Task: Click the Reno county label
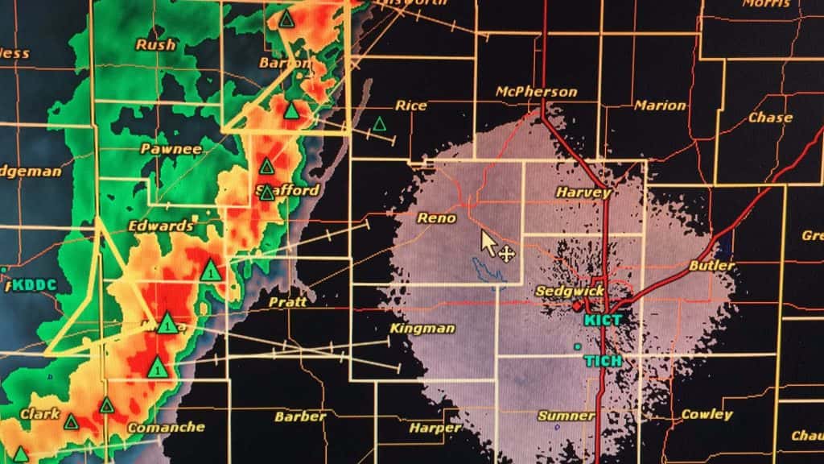pyautogui.click(x=437, y=218)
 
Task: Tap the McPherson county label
pyautogui.click(x=537, y=92)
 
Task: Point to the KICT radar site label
pyautogui.click(x=604, y=320)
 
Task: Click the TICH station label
pyautogui.click(x=603, y=361)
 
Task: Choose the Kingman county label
pyautogui.click(x=422, y=329)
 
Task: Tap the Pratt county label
pyautogui.click(x=287, y=302)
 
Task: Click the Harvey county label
pyautogui.click(x=583, y=193)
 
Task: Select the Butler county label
pyautogui.click(x=711, y=266)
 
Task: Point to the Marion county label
pyautogui.click(x=660, y=106)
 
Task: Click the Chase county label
pyautogui.click(x=770, y=118)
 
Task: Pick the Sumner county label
pyautogui.click(x=566, y=416)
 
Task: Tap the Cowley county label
pyautogui.click(x=707, y=415)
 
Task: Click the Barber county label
pyautogui.click(x=300, y=417)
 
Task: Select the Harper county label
pyautogui.click(x=435, y=428)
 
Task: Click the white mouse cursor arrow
pyautogui.click(x=488, y=241)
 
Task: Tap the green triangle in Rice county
pyautogui.click(x=379, y=124)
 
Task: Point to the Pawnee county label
pyautogui.click(x=171, y=149)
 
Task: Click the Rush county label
pyautogui.click(x=155, y=45)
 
